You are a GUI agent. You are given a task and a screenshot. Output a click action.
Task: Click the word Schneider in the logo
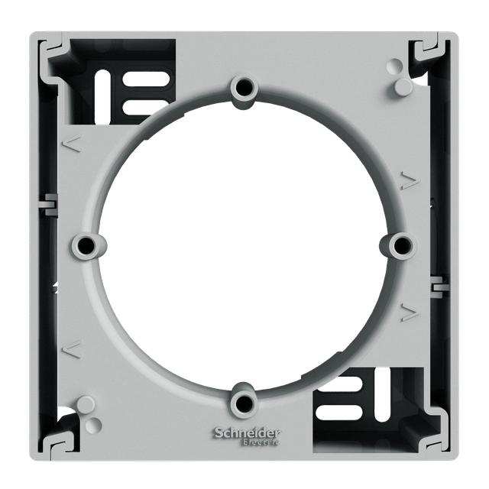[247, 433]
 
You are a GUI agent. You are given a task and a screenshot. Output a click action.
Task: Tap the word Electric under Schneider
[261, 442]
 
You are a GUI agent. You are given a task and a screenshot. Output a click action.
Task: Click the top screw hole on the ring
[244, 89]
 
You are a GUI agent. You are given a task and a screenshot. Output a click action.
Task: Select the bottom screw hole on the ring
[244, 403]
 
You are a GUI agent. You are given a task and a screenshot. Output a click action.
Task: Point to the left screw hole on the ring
[85, 244]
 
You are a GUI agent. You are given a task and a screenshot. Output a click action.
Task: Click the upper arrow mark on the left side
[72, 143]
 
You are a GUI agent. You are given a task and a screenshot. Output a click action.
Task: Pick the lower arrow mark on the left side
[72, 348]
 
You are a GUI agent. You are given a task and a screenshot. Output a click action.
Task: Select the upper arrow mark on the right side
[410, 180]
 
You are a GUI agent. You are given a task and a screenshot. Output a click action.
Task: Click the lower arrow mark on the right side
[410, 313]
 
